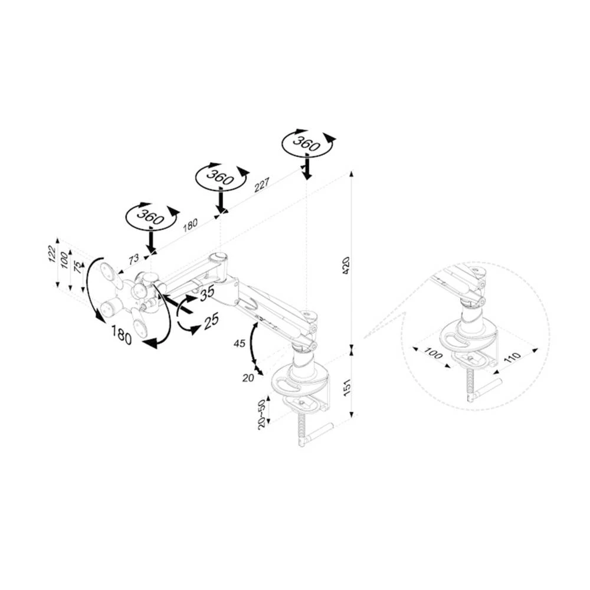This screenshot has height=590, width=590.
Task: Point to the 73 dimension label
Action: point(134,258)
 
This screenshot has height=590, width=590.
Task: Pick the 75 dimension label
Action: point(77,267)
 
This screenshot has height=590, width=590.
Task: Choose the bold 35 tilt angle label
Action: point(207,293)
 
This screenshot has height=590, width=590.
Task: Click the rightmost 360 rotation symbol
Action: point(306,143)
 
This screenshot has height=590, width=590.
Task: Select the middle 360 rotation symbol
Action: point(220,176)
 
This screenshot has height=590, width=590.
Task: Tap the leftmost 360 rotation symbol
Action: point(150,217)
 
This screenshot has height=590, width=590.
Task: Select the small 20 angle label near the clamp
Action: point(248,378)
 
